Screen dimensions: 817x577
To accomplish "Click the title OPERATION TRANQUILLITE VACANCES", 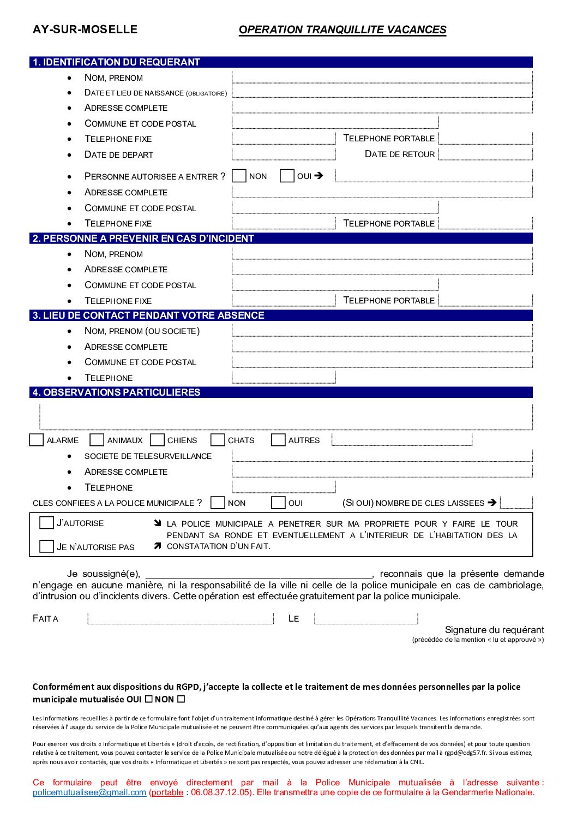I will (x=342, y=30).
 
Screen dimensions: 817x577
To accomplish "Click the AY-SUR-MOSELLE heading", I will (x=85, y=29).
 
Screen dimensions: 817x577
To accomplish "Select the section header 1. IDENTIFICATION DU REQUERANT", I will (x=117, y=62).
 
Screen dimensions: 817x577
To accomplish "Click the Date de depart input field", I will (x=283, y=154).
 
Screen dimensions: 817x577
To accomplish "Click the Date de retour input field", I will (x=485, y=154).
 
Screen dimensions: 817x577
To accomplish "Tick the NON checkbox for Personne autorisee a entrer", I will (x=239, y=176).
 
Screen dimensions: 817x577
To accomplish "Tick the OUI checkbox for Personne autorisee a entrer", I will (x=287, y=176).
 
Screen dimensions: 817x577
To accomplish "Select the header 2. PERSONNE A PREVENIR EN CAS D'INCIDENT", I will (x=143, y=238).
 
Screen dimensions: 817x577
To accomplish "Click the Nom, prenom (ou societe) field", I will (x=382, y=331).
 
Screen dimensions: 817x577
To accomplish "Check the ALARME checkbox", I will (x=37, y=440).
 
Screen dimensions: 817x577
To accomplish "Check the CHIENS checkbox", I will (x=158, y=440).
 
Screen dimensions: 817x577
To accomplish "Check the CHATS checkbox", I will (x=218, y=440).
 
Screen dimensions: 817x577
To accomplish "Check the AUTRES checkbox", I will (x=278, y=440).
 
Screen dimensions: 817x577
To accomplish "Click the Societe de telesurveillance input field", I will (x=382, y=456).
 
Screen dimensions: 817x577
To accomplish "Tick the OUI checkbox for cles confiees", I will (x=278, y=503).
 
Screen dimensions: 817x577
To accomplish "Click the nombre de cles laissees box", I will (x=516, y=503).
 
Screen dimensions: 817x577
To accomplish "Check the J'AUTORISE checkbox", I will (x=46, y=523).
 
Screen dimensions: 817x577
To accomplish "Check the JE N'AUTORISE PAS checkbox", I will (x=46, y=546).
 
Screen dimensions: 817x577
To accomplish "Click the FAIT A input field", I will (x=180, y=618).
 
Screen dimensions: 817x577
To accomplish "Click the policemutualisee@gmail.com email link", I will (x=89, y=792).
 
